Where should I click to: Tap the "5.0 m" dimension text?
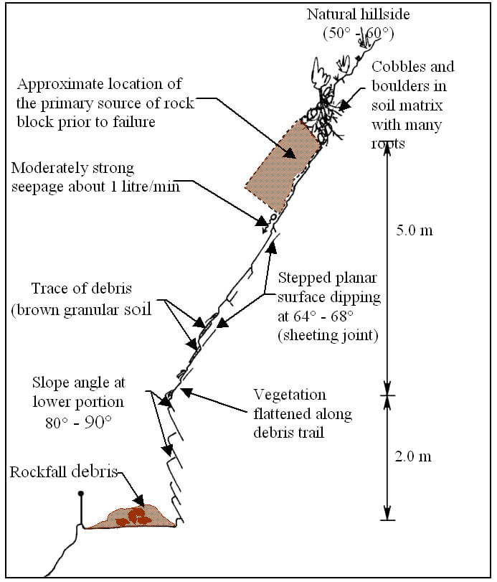coord(415,231)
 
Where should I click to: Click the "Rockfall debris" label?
coord(62,471)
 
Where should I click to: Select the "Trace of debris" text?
coord(78,288)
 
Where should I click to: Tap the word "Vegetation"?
coord(290,395)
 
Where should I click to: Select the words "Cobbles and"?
coord(412,67)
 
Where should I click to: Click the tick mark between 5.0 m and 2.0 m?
coord(388,394)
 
